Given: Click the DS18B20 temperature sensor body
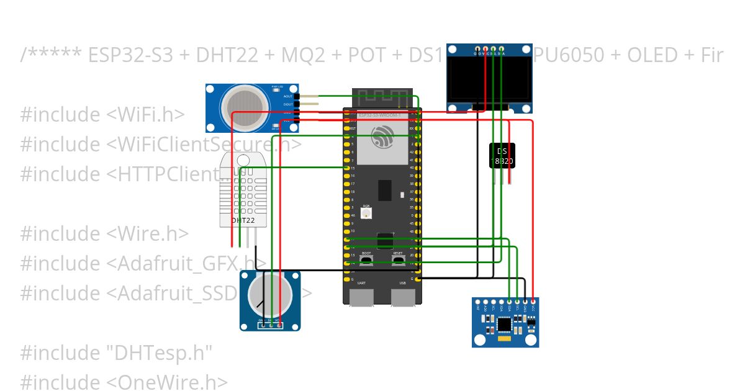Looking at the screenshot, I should pyautogui.click(x=502, y=156).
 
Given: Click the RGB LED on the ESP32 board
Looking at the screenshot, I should pyautogui.click(x=366, y=213).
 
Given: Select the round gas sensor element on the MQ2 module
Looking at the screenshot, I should pyautogui.click(x=245, y=100).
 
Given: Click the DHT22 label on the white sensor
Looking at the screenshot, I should pyautogui.click(x=243, y=220).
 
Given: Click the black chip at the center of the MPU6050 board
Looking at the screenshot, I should pyautogui.click(x=505, y=323).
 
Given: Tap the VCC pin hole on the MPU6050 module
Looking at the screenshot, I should pyautogui.click(x=533, y=301).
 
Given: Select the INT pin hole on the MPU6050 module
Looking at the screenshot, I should pyautogui.click(x=477, y=301).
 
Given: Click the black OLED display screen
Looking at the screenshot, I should pyautogui.click(x=490, y=80).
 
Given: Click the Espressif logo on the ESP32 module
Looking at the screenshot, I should pyautogui.click(x=382, y=137).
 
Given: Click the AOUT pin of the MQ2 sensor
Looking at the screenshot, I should pyautogui.click(x=296, y=96).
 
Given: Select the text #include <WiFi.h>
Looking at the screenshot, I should pyautogui.click(x=102, y=115).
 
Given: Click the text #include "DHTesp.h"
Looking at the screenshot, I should pyautogui.click(x=116, y=353).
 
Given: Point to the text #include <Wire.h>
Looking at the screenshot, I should pyautogui.click(x=104, y=234).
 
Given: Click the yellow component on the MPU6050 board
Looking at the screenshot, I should pyautogui.click(x=503, y=339).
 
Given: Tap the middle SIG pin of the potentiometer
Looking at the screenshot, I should pyautogui.click(x=271, y=324).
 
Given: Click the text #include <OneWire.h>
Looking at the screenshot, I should pyautogui.click(x=124, y=382).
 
